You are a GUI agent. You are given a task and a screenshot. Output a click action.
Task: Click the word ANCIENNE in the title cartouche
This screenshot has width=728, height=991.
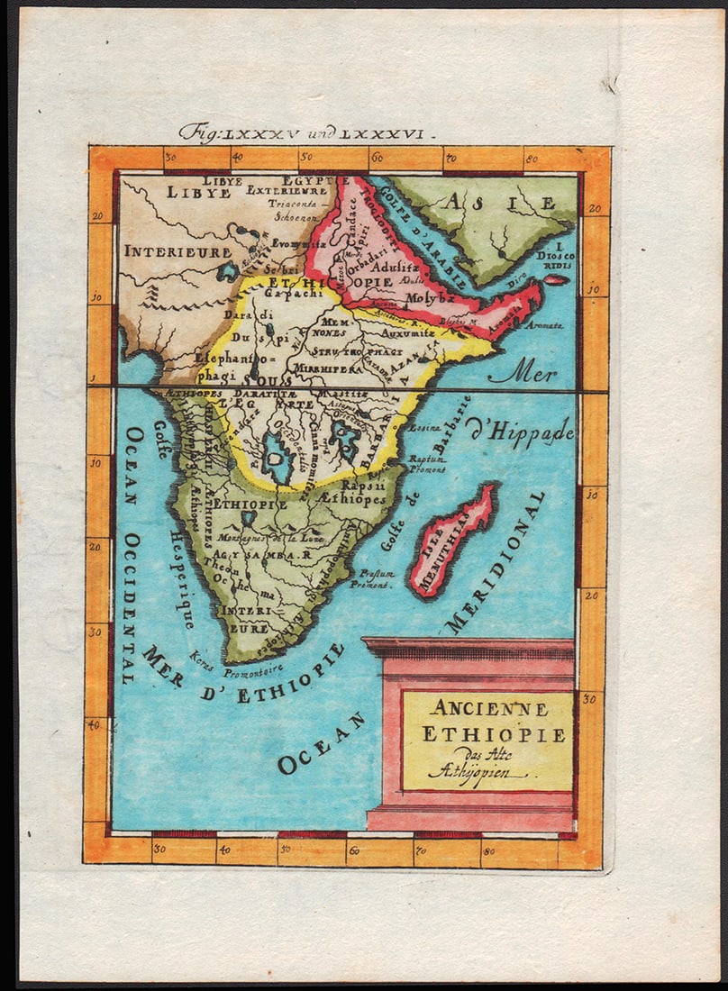pyautogui.click(x=487, y=708)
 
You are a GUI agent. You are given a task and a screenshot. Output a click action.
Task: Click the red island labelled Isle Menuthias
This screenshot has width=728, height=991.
pyautogui.click(x=453, y=541)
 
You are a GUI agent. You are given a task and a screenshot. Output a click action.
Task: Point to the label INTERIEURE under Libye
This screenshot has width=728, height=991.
pyautogui.click(x=177, y=251)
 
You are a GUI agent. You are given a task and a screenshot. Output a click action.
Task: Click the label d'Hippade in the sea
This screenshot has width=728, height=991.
pyautogui.click(x=521, y=432)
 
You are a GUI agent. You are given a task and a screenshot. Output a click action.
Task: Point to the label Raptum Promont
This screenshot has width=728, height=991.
pyautogui.click(x=427, y=463)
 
